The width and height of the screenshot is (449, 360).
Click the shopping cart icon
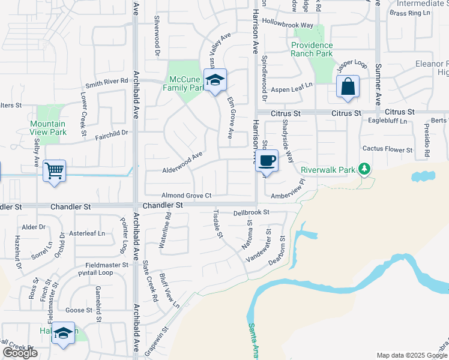[x=54, y=172]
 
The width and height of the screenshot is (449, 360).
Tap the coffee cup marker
[x=268, y=160]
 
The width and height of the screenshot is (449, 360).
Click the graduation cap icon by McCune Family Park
[x=215, y=80]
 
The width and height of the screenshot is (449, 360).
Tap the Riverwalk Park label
[x=328, y=170]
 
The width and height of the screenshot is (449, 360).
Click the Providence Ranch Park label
[x=312, y=49]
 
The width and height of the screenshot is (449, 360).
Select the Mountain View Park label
[x=48, y=128]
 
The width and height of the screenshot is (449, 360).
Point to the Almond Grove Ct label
[x=187, y=196]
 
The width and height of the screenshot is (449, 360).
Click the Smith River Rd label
[x=107, y=81]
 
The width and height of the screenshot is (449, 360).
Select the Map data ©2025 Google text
[x=411, y=355]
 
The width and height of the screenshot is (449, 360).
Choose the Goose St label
[x=79, y=310]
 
